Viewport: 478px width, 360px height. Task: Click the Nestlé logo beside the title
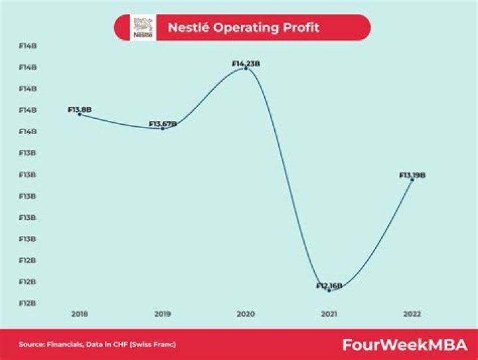tap(143, 28)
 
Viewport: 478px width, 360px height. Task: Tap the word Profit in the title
tap(299, 28)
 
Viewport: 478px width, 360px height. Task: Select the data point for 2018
tap(80, 114)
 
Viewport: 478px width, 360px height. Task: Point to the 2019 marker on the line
tap(163, 128)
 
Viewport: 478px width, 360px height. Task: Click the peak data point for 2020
tap(246, 68)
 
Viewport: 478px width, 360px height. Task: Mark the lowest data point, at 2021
tap(329, 290)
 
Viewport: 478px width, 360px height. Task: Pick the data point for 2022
tap(412, 179)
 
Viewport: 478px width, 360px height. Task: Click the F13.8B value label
tap(79, 110)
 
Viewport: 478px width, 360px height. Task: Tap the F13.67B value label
tap(163, 124)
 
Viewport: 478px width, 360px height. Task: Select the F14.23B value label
tap(246, 64)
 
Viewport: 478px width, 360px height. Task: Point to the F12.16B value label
tap(329, 286)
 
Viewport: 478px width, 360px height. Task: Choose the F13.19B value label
tap(412, 175)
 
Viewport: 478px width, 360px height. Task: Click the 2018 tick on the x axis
tap(80, 313)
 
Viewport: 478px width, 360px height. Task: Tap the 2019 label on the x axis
tap(163, 313)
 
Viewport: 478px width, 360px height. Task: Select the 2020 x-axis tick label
tap(246, 313)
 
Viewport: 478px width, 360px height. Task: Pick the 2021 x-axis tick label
tap(329, 313)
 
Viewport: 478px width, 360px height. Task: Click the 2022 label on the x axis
tap(412, 313)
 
